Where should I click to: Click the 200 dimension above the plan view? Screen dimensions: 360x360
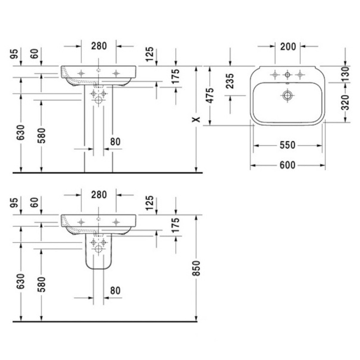click(x=288, y=47)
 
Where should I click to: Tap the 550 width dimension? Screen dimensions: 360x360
click(x=288, y=145)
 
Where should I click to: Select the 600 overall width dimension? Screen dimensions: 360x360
click(x=288, y=165)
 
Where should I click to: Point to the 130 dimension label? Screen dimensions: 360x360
click(x=345, y=74)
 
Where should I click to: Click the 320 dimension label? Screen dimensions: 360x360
click(x=345, y=103)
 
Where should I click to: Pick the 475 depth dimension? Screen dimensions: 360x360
click(x=210, y=95)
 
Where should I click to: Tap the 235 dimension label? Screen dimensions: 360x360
click(x=230, y=81)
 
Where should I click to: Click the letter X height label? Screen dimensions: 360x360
click(x=196, y=119)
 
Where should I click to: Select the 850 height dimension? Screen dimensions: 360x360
click(x=197, y=268)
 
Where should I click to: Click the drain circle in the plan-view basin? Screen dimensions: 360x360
click(x=288, y=95)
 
